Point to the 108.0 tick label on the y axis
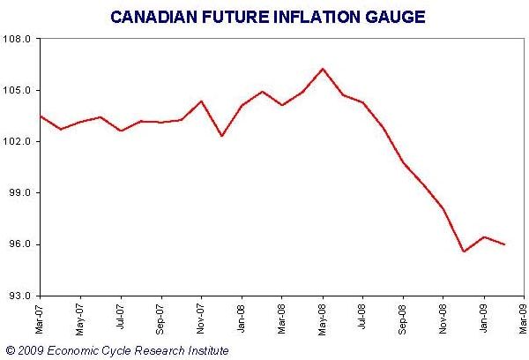pyautogui.click(x=19, y=40)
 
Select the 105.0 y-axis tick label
pyautogui.click(x=19, y=91)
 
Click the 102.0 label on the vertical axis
pyautogui.click(x=19, y=142)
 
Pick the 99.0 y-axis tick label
pyautogui.click(x=20, y=193)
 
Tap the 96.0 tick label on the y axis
pyautogui.click(x=20, y=244)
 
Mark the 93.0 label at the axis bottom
pyautogui.click(x=20, y=296)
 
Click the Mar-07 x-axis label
pyautogui.click(x=40, y=318)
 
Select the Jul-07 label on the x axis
pyautogui.click(x=121, y=318)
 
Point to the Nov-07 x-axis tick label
pyautogui.click(x=201, y=318)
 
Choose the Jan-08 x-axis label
pyautogui.click(x=242, y=318)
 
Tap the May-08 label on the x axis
pyautogui.click(x=323, y=318)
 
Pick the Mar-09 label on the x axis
pyautogui.click(x=524, y=318)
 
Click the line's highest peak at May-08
pyautogui.click(x=323, y=69)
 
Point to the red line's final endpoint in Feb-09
pyautogui.click(x=504, y=244)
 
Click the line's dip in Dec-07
pyautogui.click(x=221, y=136)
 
